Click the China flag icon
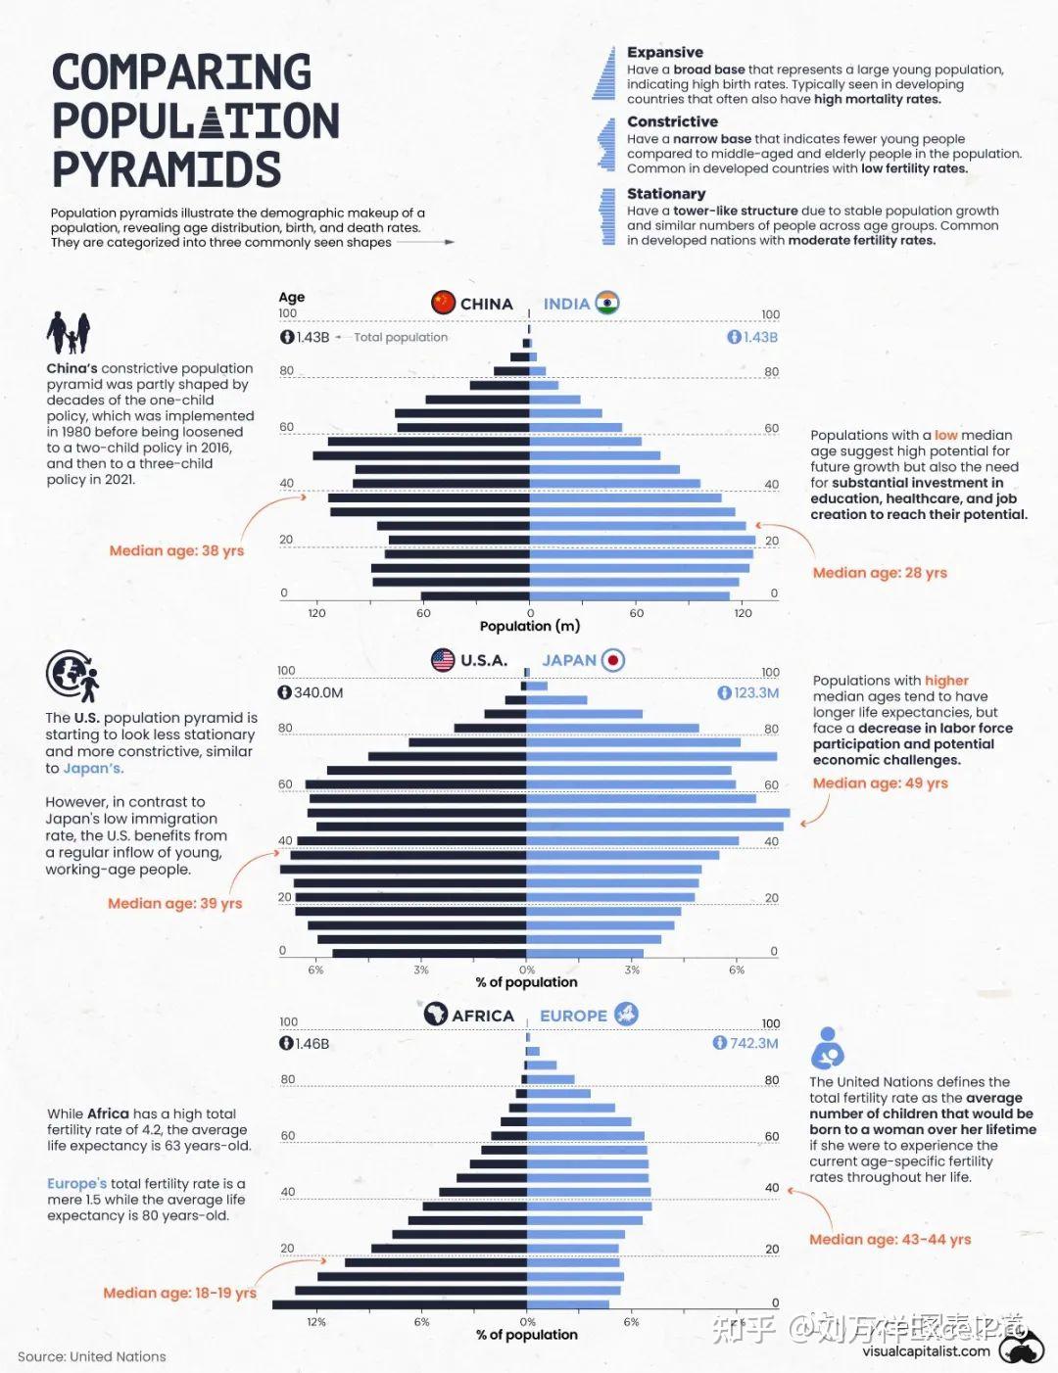point(443,303)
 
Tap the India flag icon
point(607,303)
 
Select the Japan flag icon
point(613,660)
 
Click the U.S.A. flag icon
point(443,660)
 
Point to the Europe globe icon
point(626,1015)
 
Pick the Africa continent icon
point(435,1015)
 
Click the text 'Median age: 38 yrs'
point(176,550)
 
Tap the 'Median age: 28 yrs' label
point(880,573)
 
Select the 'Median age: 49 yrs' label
point(880,782)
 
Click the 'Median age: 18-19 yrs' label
point(179,1293)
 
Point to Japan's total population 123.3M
point(748,692)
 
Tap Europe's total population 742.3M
point(746,1043)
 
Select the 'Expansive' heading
point(665,52)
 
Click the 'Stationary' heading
point(666,194)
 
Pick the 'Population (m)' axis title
point(529,626)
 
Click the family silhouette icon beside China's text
point(69,333)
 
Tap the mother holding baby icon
point(828,1048)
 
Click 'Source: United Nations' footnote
point(92,1356)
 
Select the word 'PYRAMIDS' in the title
point(167,169)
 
